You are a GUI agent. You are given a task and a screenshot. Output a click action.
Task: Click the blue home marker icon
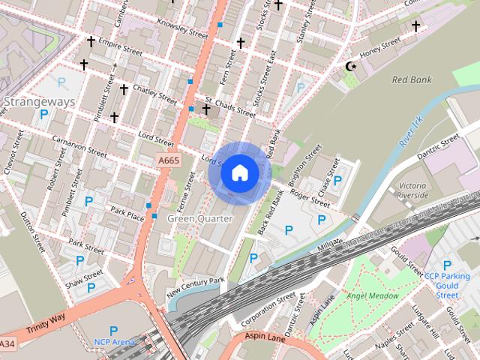[x=239, y=172]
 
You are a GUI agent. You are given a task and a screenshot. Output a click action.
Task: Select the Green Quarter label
[x=199, y=218]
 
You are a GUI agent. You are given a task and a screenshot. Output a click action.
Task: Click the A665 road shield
[x=168, y=160]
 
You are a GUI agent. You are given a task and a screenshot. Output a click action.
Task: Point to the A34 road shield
[x=7, y=343]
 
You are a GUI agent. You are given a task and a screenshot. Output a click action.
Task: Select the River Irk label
[x=411, y=130]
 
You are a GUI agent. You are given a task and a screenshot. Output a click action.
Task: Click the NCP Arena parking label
[x=113, y=342]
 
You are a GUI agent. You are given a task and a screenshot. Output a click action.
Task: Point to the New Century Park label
[x=196, y=286]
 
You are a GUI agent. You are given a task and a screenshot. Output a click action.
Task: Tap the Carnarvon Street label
[x=79, y=145]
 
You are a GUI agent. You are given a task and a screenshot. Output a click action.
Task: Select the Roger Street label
[x=310, y=198]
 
